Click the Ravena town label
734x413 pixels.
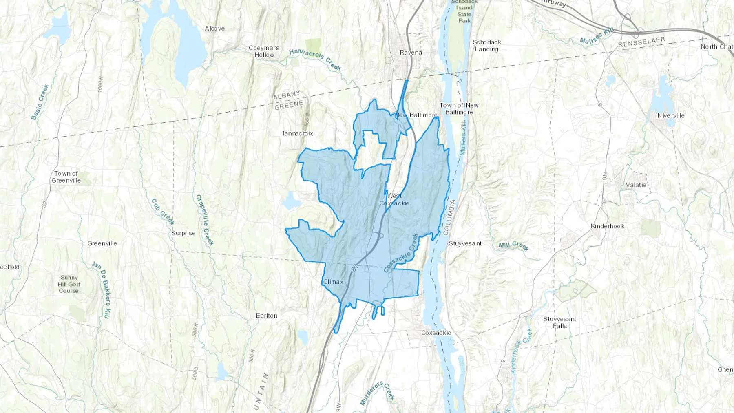coord(411,53)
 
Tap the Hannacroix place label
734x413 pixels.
coord(296,133)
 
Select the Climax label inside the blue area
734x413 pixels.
coord(333,282)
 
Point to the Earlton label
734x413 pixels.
coord(267,316)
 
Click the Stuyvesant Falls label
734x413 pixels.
coord(559,322)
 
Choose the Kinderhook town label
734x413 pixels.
coord(607,226)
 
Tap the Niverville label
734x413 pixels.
coord(671,116)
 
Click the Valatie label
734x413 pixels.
coord(636,185)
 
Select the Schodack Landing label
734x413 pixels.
coord(486,45)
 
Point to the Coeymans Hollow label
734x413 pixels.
coord(264,51)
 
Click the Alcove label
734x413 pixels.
coord(214,28)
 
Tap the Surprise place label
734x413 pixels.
coord(183,233)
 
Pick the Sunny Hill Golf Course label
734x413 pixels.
coord(69,284)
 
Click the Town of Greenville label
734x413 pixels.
coord(66,177)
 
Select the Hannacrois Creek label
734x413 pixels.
coord(315,59)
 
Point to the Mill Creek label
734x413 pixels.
coord(513,246)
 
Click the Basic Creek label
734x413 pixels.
coord(40,102)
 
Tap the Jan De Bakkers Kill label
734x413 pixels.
coord(102,290)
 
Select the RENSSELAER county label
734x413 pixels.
coord(641,42)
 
